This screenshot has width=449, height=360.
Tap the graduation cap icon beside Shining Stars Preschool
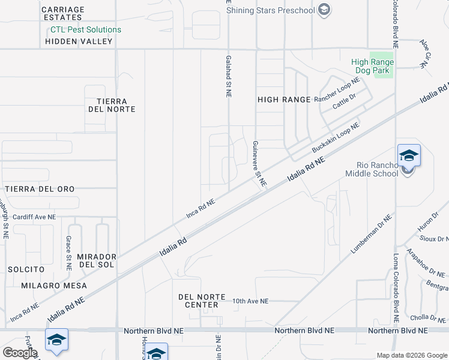324,10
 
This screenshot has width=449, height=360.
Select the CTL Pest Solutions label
85,29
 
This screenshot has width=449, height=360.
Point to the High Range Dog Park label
372,66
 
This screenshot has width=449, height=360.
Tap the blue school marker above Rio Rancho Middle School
409,155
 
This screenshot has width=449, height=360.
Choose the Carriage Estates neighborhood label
64,14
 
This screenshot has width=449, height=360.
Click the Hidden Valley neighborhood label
79,41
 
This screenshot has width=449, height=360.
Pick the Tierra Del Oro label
40,189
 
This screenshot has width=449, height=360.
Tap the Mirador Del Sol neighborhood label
96,260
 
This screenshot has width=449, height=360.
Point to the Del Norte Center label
202,301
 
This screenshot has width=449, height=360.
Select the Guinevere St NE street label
259,163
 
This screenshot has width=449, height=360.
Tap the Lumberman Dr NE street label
372,234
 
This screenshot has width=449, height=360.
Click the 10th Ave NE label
250,301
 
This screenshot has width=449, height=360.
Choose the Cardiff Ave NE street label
34,217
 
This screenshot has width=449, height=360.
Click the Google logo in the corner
20,353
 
